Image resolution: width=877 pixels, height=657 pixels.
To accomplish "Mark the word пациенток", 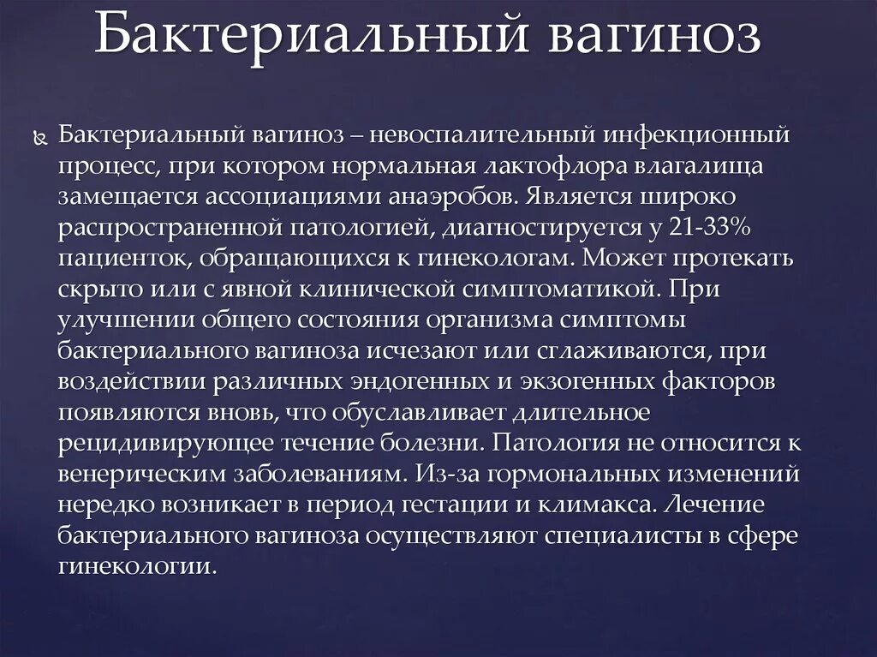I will (x=109, y=258).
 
